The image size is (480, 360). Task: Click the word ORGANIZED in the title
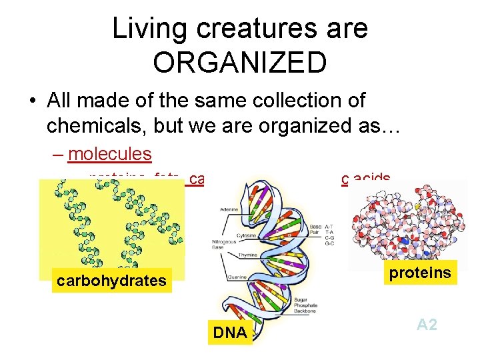click(x=239, y=62)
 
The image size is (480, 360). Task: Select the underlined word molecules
click(x=110, y=154)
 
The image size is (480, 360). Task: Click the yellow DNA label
click(x=229, y=332)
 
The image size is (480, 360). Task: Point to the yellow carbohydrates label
click(x=111, y=280)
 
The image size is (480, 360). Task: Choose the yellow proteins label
click(x=421, y=273)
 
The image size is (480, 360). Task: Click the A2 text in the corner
click(x=427, y=325)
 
